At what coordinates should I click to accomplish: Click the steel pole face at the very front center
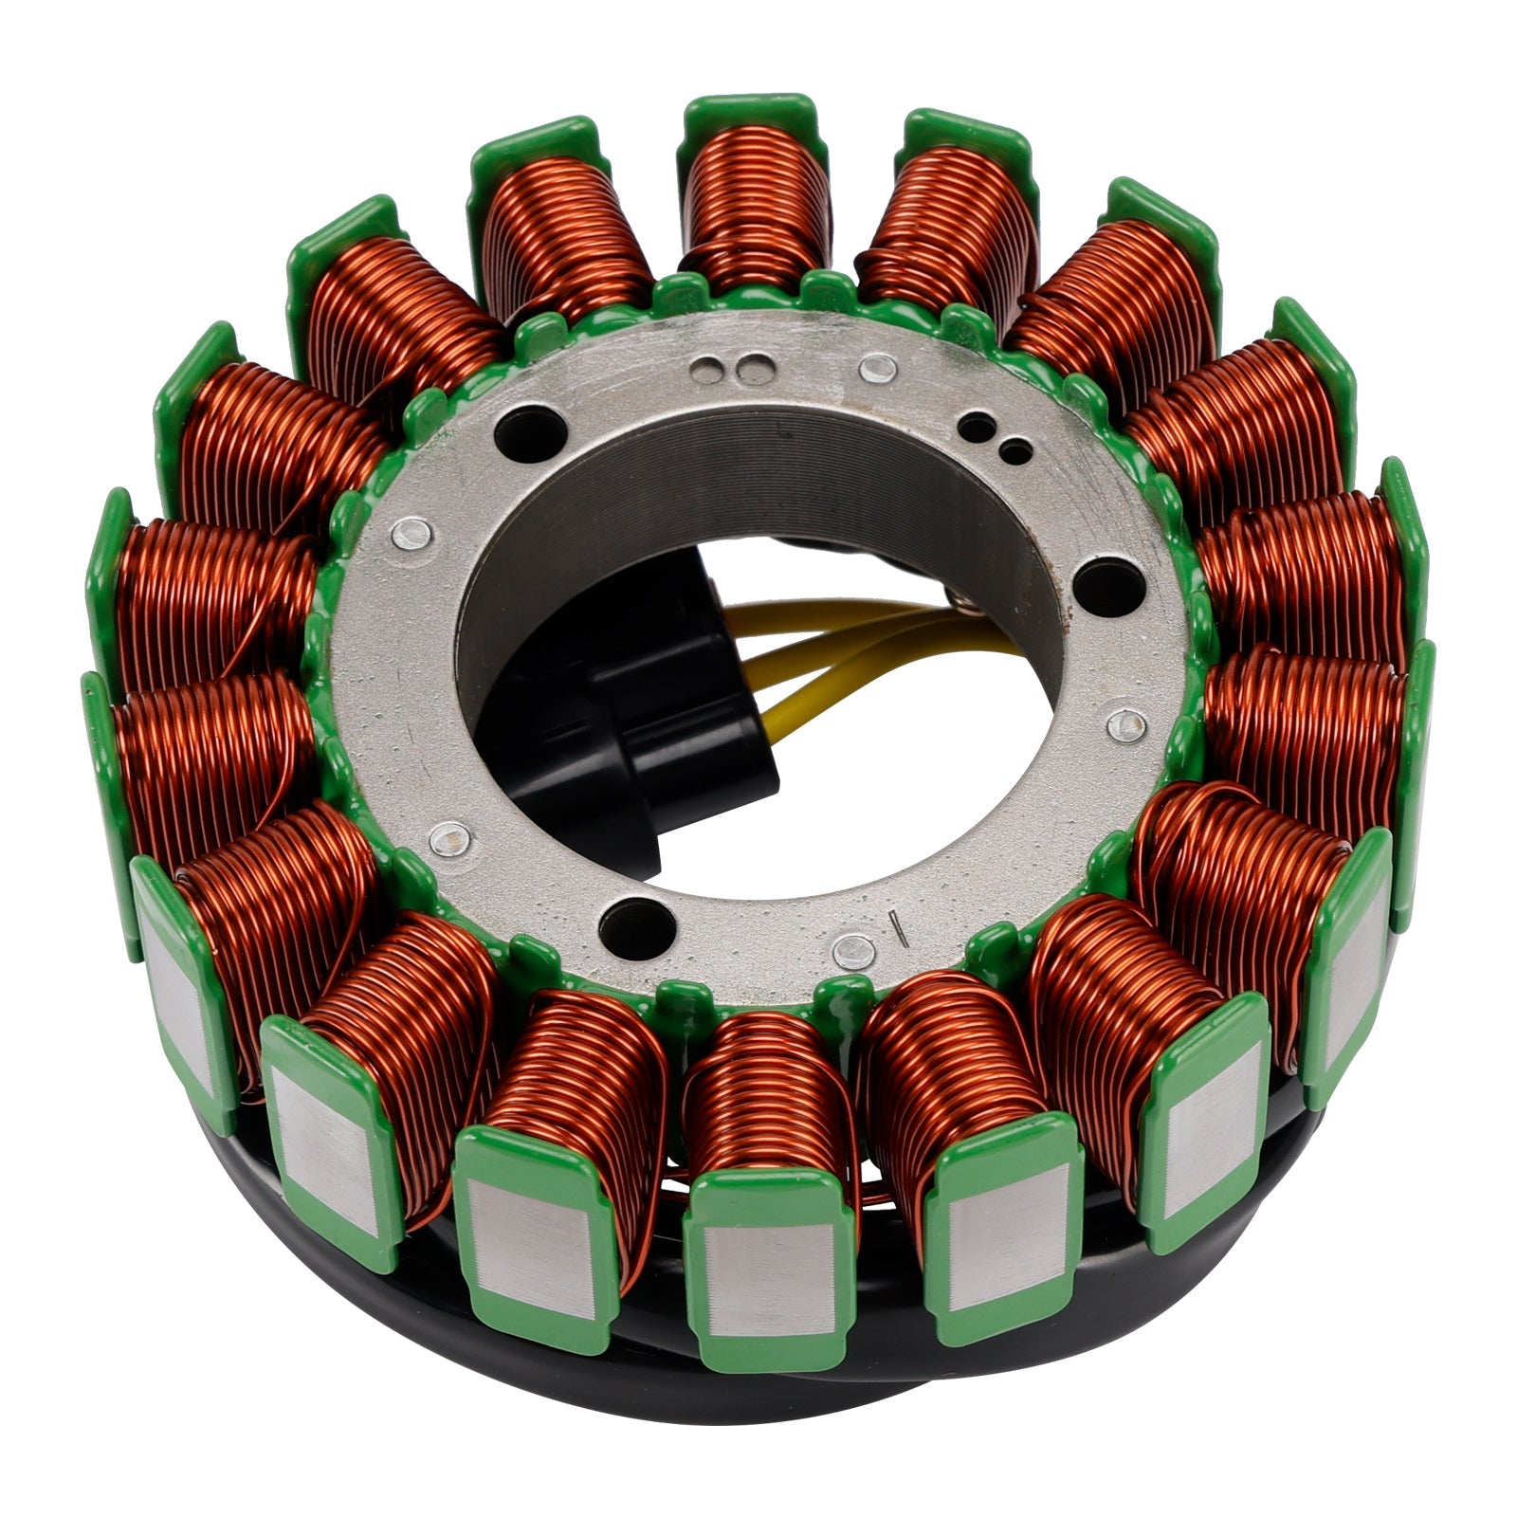[x=768, y=1261]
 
